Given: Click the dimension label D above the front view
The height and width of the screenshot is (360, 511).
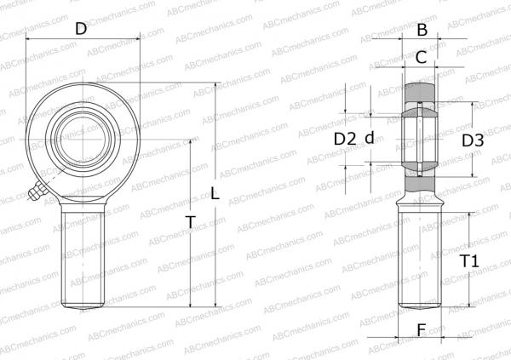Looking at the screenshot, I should pos(81,28).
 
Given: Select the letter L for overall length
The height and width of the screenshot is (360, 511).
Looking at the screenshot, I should pos(215,195).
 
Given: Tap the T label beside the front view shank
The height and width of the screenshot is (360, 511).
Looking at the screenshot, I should pos(191,222).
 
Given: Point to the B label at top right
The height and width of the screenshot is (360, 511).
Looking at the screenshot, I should pos(421,31).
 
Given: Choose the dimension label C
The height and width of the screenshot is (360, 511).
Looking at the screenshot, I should pos(421,58).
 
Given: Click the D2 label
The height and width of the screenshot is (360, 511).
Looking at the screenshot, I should pos(344,139).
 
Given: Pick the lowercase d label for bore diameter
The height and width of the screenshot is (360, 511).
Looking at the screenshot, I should pos(370,139).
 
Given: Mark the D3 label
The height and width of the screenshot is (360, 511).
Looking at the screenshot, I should pos(473,140).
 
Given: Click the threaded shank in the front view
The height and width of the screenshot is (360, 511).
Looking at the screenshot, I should pos(83,255).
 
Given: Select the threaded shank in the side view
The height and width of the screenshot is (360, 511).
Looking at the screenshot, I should pos(421,255).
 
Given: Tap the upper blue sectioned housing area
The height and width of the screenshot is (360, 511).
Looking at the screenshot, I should pos(421,91).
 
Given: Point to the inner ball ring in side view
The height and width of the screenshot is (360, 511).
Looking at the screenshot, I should pos(421,136).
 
